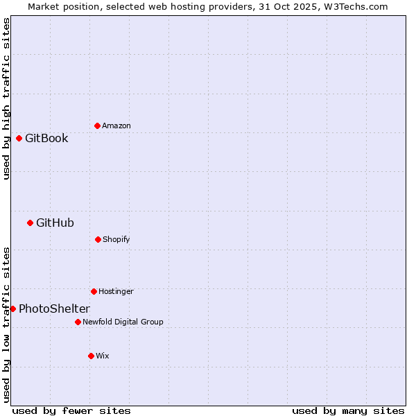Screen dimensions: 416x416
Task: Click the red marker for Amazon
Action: point(97,125)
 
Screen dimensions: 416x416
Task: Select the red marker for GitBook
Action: point(19,138)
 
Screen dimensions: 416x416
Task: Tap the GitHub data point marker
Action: point(30,223)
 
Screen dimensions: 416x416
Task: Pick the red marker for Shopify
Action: point(98,239)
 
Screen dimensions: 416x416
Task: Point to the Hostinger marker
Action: point(94,291)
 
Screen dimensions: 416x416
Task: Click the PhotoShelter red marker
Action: point(12,309)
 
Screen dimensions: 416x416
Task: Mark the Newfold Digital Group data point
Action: point(78,322)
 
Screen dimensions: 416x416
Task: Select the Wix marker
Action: point(91,356)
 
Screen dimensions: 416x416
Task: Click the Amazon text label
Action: point(116,125)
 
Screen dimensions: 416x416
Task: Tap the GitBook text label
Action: point(46,138)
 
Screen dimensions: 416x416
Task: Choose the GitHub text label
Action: point(55,223)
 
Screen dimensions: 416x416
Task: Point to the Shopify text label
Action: point(116,239)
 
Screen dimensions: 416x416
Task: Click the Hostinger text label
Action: point(116,291)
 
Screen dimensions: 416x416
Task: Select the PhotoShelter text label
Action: point(54,309)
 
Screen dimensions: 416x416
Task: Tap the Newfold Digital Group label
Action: point(123,322)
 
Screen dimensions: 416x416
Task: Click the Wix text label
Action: point(103,356)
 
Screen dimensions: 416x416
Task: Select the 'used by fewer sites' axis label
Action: point(71,410)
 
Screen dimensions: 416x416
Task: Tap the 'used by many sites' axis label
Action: point(348,410)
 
